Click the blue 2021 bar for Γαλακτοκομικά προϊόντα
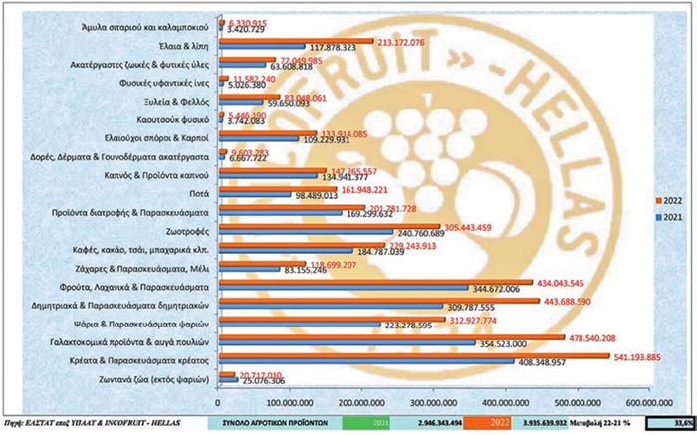[289, 343]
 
